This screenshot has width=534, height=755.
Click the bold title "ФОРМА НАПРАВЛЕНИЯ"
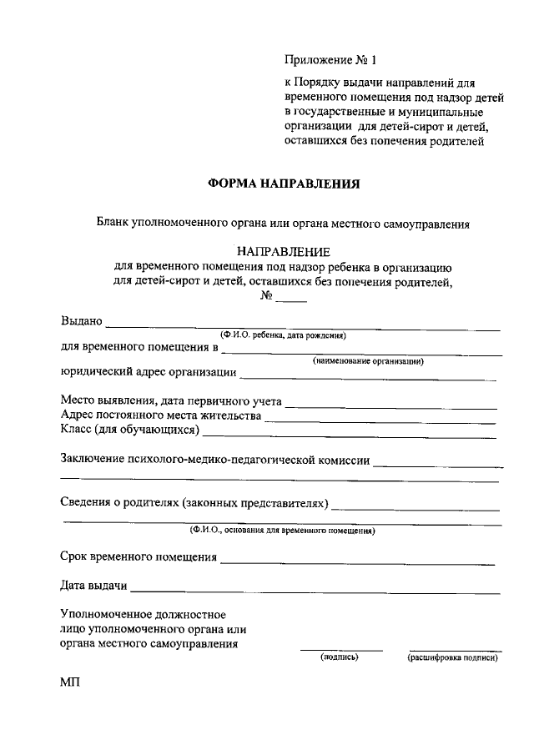point(284,184)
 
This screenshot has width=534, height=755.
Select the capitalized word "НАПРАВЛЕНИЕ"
point(284,251)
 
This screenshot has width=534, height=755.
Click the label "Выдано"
point(82,321)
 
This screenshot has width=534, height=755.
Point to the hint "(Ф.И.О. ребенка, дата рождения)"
point(283,335)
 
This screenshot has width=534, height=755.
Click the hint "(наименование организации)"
point(367,361)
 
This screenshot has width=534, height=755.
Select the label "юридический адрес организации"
point(149,373)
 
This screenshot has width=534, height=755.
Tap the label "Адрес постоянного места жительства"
point(161,415)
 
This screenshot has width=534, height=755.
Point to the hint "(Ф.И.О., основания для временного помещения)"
point(282,531)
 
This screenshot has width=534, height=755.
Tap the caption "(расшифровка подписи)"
point(452,657)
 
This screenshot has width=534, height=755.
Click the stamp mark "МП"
point(69,682)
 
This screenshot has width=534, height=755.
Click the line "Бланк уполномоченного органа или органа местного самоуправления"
point(282,224)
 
